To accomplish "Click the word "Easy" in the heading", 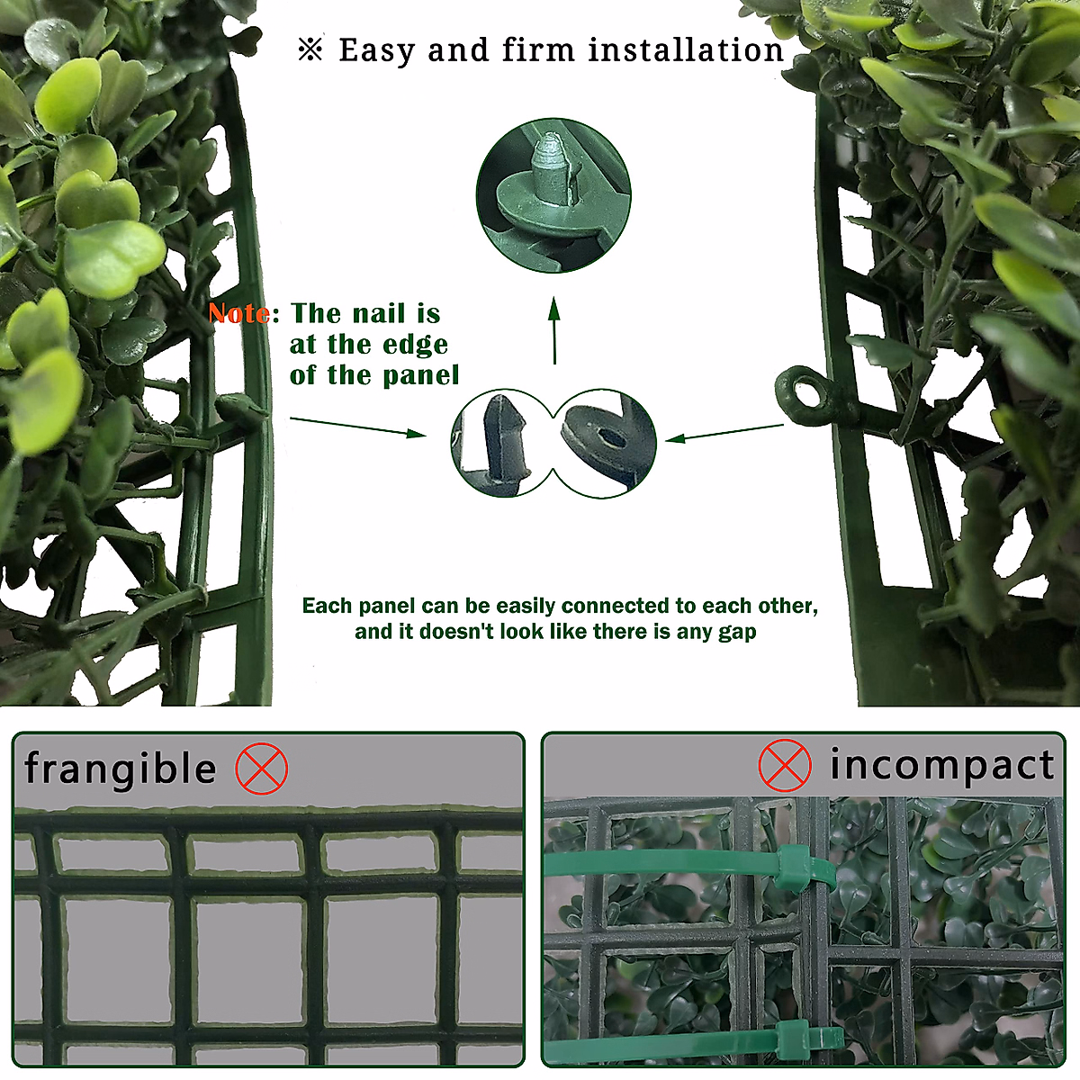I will [378, 51].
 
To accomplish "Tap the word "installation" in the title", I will [686, 50].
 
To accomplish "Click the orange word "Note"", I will [239, 313].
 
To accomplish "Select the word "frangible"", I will [120, 769].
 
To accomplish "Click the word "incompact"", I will [941, 765].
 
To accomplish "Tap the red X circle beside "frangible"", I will [262, 769].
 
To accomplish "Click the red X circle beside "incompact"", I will [785, 766].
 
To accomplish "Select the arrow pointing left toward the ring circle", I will [724, 433].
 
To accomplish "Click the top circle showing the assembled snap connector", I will [553, 195].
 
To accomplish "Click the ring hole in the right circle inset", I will [613, 438].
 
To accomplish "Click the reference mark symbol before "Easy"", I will [310, 50].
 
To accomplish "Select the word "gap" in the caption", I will [737, 632].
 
